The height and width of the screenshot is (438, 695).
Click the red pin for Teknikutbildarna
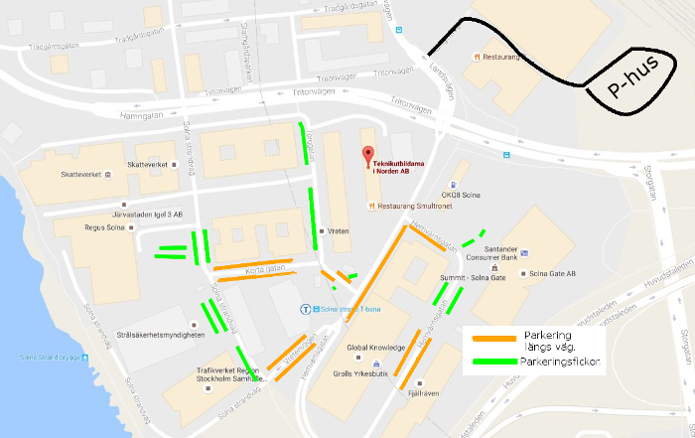(x=367, y=156)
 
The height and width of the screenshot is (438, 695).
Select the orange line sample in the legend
(x=492, y=338)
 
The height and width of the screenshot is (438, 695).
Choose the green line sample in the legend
(x=492, y=364)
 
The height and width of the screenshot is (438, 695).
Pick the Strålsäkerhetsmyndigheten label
(x=160, y=336)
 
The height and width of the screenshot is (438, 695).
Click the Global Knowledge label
(x=375, y=348)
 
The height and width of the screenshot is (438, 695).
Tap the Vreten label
(x=338, y=231)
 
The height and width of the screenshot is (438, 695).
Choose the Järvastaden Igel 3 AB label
(x=149, y=214)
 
